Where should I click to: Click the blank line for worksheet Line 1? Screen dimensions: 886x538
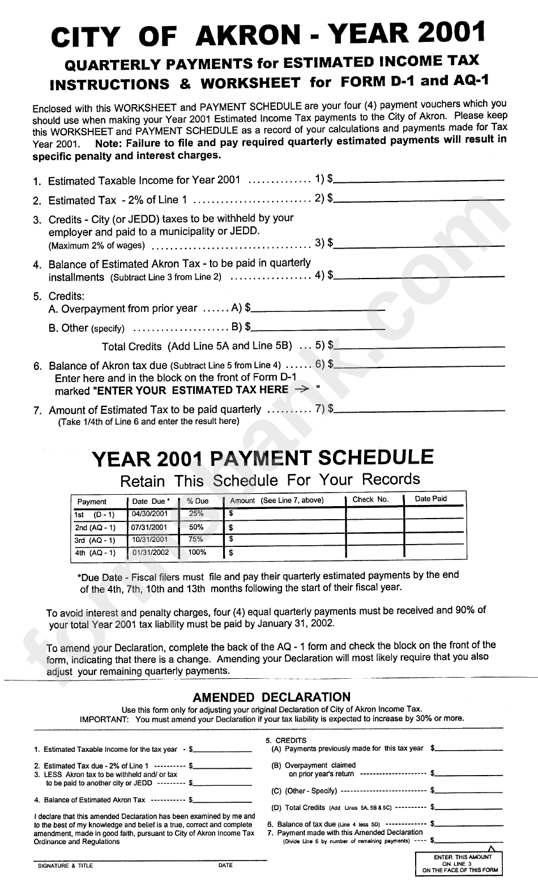click(x=419, y=180)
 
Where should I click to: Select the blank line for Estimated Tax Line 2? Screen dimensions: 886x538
click(x=419, y=199)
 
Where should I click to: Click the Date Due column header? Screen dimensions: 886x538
click(x=150, y=501)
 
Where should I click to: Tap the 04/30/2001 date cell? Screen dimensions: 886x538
click(x=150, y=514)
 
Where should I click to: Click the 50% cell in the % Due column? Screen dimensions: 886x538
click(x=197, y=527)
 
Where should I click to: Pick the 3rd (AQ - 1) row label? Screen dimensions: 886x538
click(x=95, y=540)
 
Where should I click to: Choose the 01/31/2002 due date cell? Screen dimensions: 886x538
click(x=151, y=553)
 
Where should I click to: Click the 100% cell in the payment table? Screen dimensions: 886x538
click(x=197, y=552)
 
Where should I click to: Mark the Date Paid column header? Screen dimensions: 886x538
click(x=430, y=499)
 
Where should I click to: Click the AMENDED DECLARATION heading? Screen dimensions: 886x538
click(x=272, y=697)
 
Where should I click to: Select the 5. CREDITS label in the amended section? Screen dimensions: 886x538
click(x=286, y=740)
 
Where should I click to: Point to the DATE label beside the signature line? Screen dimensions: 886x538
click(x=225, y=865)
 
